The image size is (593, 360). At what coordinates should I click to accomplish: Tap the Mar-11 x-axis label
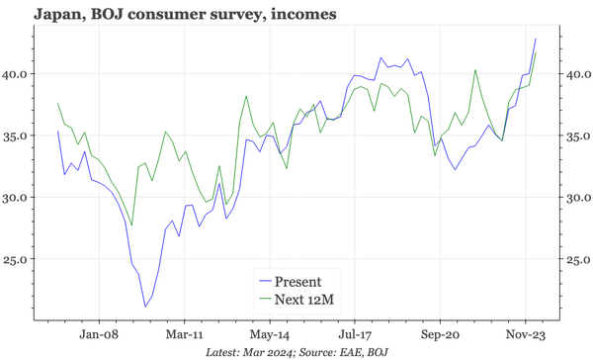pyautogui.click(x=187, y=335)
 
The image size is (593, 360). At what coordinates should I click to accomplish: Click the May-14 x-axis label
pyautogui.click(x=271, y=335)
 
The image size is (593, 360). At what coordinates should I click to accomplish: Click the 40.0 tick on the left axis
pyautogui.click(x=19, y=73)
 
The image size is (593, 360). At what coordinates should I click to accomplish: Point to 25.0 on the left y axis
pyautogui.click(x=19, y=259)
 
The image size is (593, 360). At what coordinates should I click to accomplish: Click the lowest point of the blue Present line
pyautogui.click(x=145, y=307)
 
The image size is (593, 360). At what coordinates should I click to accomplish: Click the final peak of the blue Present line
pyautogui.click(x=536, y=39)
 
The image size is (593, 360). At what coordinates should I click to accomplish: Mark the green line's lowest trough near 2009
pyautogui.click(x=132, y=225)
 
